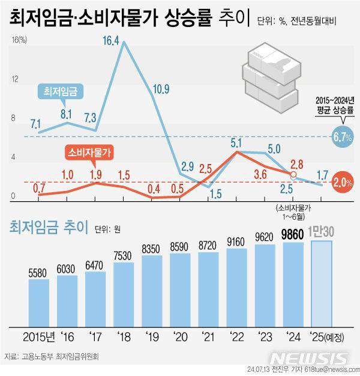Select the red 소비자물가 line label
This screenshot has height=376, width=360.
(91, 152)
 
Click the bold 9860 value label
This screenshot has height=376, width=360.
(293, 234)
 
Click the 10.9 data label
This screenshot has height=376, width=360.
(160, 89)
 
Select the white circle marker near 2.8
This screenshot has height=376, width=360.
(293, 175)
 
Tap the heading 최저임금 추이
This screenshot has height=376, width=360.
(48, 227)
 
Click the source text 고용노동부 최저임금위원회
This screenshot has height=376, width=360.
(60, 356)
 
